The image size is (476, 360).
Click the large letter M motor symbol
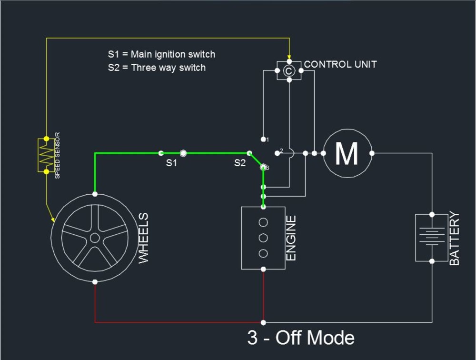347,153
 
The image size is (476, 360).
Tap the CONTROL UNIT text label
340,64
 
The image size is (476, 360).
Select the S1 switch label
171,163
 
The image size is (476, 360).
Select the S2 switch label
240,163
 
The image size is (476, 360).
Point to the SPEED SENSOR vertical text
58,155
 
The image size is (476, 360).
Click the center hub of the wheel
95,238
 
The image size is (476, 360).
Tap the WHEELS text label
143,238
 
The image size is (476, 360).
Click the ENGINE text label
291,238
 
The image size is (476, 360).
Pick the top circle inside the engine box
263,222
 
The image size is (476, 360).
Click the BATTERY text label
455,238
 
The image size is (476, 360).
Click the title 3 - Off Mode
301,338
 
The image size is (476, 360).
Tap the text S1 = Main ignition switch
161,54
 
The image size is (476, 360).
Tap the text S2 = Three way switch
157,68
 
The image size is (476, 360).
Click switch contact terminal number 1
264,139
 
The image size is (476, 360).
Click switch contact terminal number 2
278,153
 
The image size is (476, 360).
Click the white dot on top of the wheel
95,194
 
